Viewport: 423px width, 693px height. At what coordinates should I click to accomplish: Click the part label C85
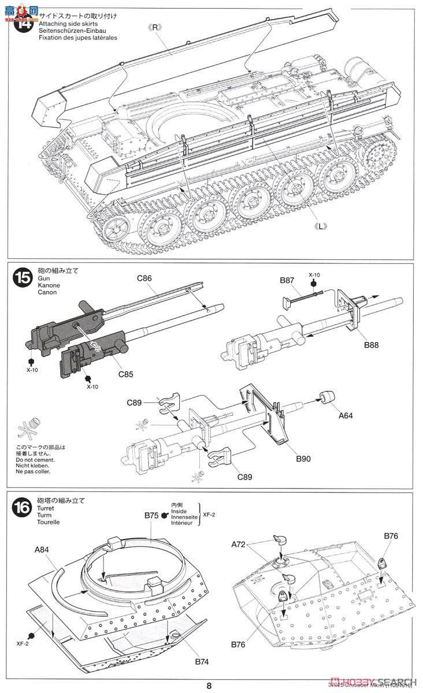[x=126, y=374]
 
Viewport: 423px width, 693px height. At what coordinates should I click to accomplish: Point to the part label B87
[x=287, y=280]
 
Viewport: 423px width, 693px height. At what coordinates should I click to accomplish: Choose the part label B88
[x=372, y=346]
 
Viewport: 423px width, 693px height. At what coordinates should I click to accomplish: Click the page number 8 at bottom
[x=209, y=685]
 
